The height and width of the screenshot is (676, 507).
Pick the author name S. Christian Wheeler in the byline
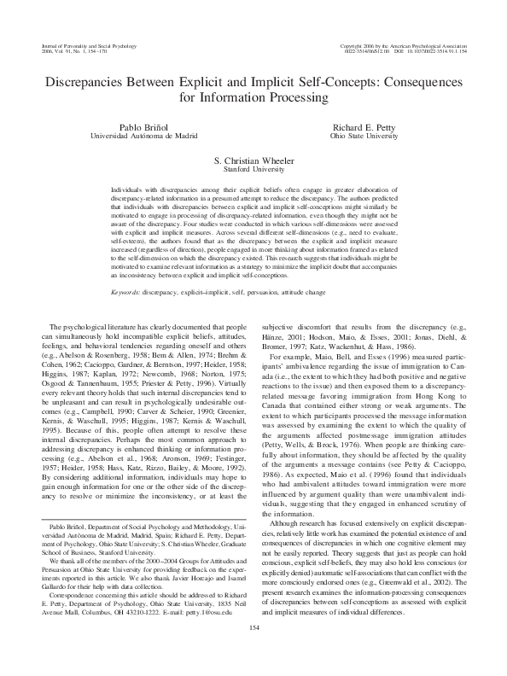[253, 160]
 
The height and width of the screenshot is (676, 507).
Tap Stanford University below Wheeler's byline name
[253, 169]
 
